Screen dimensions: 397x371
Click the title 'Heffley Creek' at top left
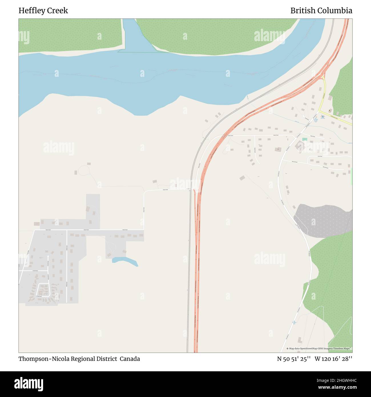(x=43, y=11)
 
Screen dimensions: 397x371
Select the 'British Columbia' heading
(x=321, y=11)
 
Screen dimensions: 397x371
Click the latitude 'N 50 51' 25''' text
(x=294, y=359)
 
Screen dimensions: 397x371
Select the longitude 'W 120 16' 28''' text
(x=333, y=359)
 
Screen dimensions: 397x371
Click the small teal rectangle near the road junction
(x=305, y=139)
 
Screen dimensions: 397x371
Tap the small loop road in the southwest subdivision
(x=43, y=290)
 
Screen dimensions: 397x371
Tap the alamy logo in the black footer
(x=29, y=384)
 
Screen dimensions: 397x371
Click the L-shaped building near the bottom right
(x=299, y=340)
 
